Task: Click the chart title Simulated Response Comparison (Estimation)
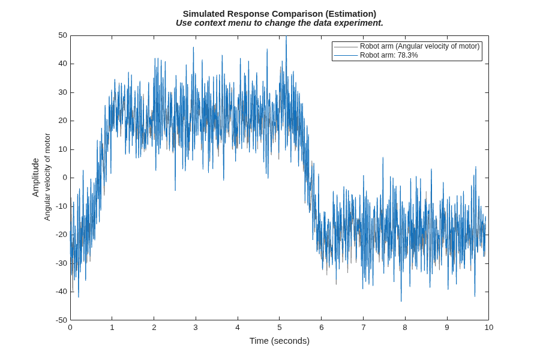click(279, 14)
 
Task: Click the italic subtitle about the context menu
click(279, 23)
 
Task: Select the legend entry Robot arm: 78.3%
click(389, 55)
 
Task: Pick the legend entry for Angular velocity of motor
click(420, 46)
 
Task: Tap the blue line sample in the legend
click(346, 55)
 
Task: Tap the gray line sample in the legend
click(346, 47)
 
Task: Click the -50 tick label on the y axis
click(61, 320)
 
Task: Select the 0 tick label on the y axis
click(65, 178)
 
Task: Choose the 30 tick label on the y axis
click(62, 92)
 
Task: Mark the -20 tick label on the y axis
click(61, 235)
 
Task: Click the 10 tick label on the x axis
click(488, 327)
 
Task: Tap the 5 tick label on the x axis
click(279, 327)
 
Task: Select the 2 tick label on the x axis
click(154, 327)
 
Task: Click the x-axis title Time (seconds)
click(279, 341)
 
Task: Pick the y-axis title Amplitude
click(35, 178)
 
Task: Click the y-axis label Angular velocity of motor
click(47, 177)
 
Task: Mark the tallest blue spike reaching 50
click(286, 37)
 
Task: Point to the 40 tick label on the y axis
click(62, 64)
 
